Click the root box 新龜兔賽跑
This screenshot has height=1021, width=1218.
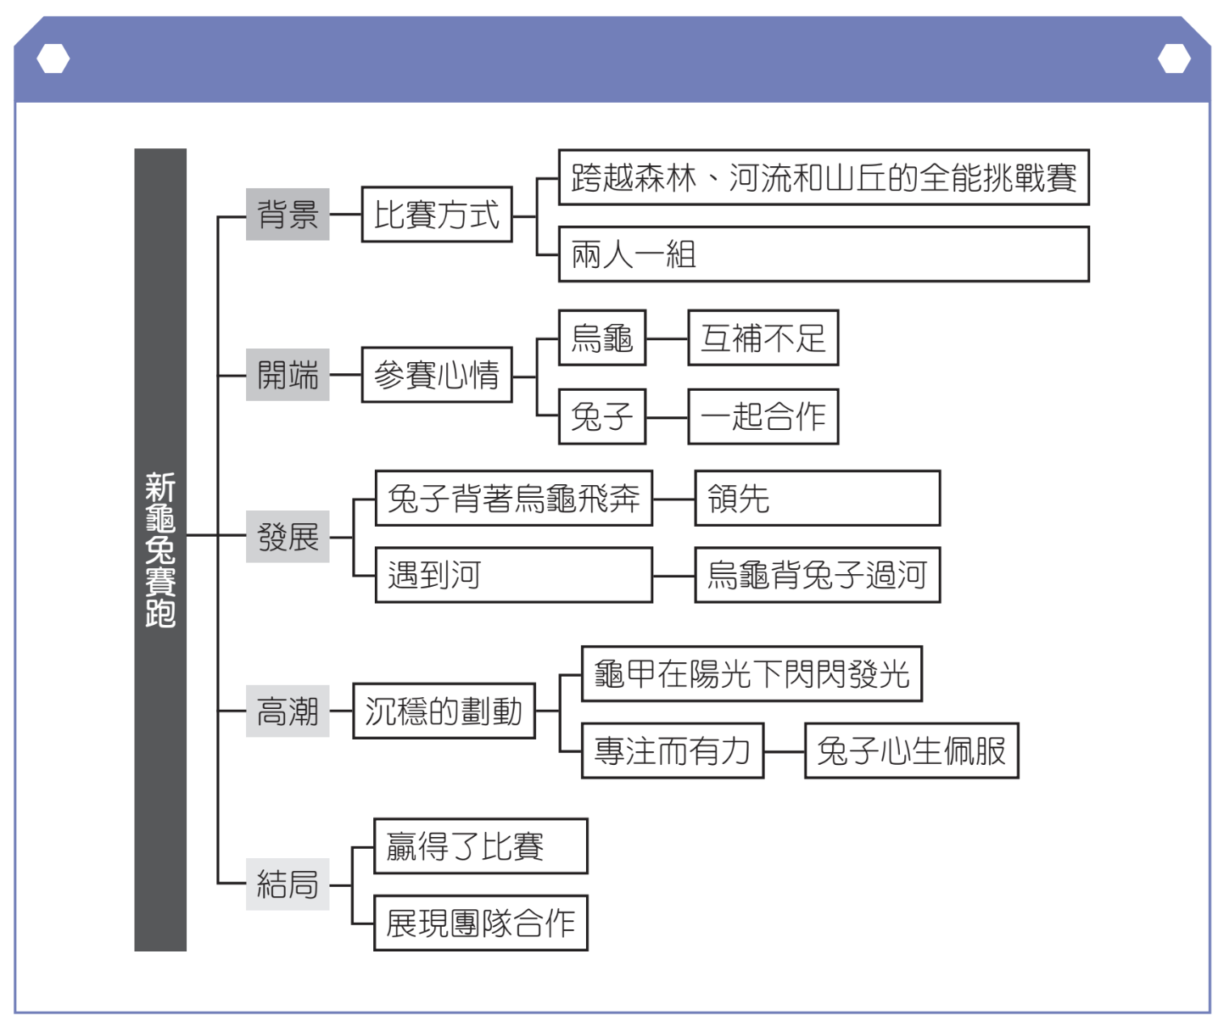point(160,550)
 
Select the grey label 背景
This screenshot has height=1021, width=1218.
point(288,215)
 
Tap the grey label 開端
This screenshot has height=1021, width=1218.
point(288,374)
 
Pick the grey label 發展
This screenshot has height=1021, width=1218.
point(288,536)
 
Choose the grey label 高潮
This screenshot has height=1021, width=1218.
point(288,711)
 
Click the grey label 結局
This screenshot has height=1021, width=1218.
point(288,884)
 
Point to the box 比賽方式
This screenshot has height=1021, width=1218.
point(437,215)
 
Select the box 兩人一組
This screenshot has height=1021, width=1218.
point(823,254)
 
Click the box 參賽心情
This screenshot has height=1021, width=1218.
point(437,374)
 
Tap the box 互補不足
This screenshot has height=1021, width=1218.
point(763,338)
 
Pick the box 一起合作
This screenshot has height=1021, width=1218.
point(763,416)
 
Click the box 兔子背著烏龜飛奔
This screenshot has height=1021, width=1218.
point(513,498)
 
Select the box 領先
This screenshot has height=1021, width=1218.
point(817,498)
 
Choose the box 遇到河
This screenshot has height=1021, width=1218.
point(513,575)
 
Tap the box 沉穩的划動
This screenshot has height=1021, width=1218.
point(444,711)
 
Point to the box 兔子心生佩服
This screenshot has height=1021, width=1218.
point(911,750)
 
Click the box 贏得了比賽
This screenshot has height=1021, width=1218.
point(480,845)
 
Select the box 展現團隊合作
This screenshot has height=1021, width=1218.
point(480,923)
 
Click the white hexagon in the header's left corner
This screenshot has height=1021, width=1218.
point(53,59)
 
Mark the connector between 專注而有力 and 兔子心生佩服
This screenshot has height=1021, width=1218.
point(784,751)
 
